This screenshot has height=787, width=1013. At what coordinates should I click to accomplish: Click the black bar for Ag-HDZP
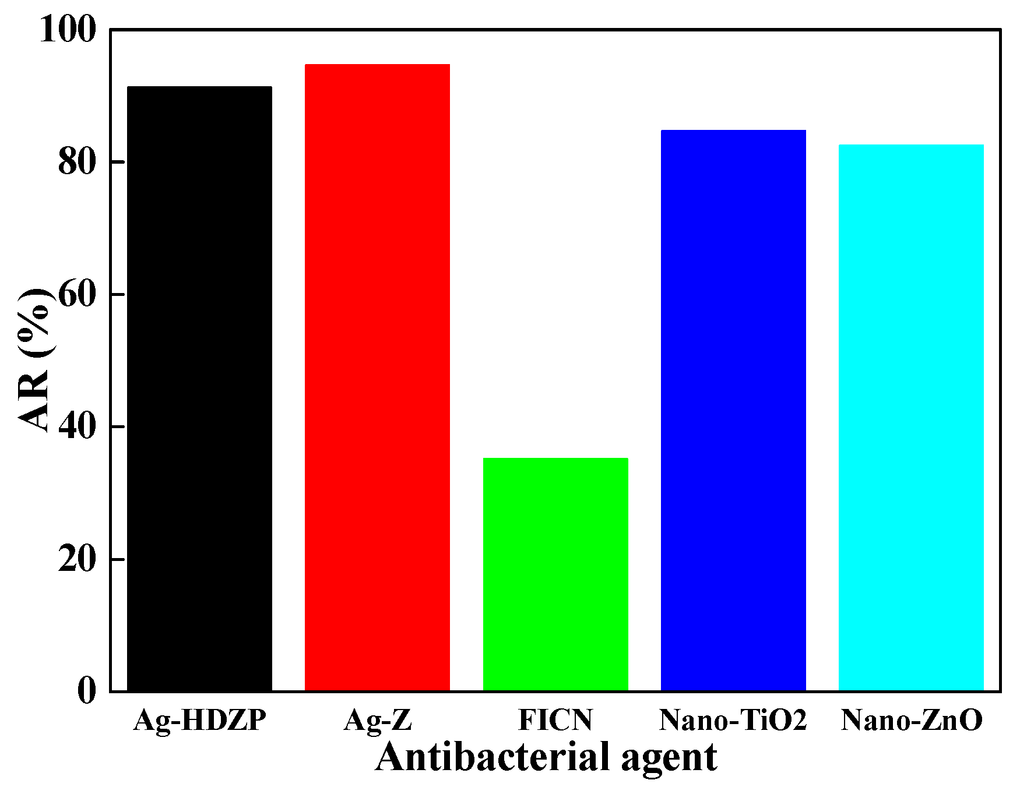click(199, 389)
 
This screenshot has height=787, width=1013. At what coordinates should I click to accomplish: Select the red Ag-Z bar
click(377, 377)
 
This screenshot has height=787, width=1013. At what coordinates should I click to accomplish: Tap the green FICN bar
click(555, 574)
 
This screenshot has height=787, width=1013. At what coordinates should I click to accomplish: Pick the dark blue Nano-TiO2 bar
click(733, 411)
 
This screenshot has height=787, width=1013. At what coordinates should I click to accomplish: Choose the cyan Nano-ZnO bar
click(911, 418)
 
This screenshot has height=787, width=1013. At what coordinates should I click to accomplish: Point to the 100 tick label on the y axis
click(67, 30)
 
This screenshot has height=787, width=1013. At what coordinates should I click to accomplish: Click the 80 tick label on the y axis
click(76, 163)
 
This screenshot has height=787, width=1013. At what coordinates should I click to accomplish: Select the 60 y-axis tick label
click(76, 295)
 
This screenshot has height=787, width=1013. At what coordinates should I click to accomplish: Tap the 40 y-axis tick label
click(76, 427)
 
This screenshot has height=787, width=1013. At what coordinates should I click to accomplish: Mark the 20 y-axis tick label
click(76, 560)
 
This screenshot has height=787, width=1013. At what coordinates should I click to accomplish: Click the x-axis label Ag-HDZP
click(199, 721)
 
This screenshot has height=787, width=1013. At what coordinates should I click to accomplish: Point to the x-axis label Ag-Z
click(378, 721)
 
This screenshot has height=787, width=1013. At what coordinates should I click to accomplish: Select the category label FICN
click(555, 720)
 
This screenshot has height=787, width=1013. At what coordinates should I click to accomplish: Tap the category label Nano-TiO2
click(733, 720)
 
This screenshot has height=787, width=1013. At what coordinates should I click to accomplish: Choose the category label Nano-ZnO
click(911, 720)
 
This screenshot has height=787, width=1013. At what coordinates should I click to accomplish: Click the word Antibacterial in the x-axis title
click(491, 757)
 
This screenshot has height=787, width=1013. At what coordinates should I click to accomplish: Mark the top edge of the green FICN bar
click(555, 459)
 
